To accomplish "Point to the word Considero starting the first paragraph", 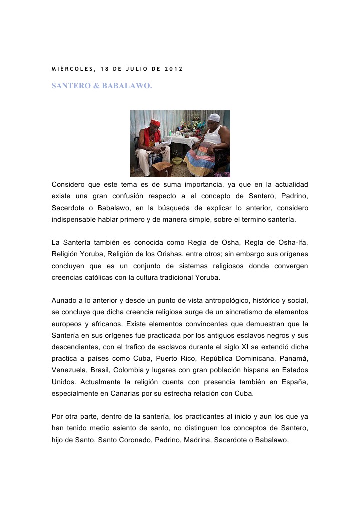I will click(x=69, y=184).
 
